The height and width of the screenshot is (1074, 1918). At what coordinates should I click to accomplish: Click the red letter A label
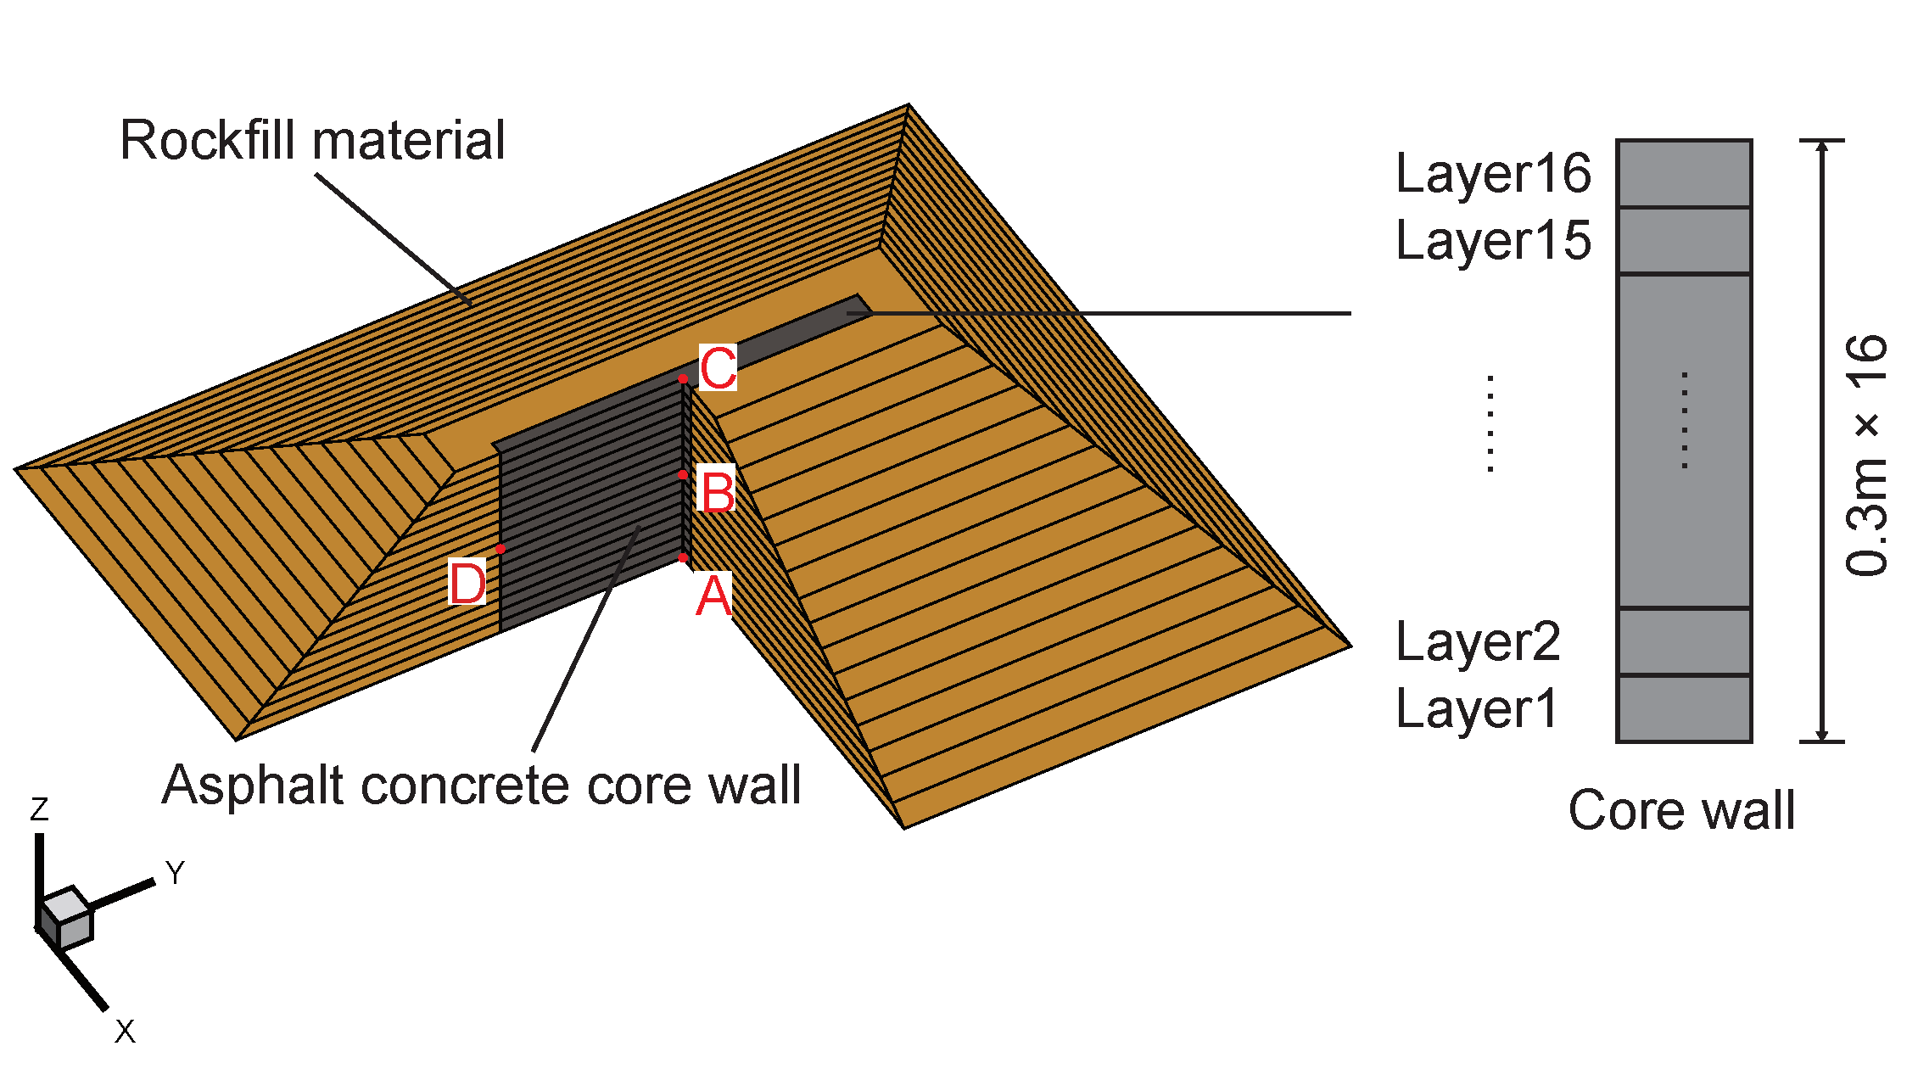713,596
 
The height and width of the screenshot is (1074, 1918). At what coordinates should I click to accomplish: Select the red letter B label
718,491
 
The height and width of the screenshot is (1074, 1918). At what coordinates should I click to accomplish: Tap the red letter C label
718,367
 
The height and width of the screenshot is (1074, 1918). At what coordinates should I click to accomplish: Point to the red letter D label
467,584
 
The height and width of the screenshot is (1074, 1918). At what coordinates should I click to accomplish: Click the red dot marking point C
683,378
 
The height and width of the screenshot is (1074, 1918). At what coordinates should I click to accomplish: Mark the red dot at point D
500,550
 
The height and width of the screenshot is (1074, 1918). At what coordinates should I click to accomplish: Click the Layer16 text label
1493,174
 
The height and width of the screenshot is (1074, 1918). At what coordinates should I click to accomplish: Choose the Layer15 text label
1493,241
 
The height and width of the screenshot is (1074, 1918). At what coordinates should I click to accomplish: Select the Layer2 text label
1478,642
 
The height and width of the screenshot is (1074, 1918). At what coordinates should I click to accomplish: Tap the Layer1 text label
1476,709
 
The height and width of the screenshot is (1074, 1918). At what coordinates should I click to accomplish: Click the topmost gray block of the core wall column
1684,174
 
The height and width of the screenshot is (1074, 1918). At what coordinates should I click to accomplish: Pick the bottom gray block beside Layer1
1684,709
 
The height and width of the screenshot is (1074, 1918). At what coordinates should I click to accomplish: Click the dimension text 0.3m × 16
1867,456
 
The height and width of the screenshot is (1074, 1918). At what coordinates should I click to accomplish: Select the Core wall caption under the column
1681,810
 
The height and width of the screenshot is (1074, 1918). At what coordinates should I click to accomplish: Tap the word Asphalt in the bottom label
254,786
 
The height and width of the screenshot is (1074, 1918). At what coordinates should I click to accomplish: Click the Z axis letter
39,809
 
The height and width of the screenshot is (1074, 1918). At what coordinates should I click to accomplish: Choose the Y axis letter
175,873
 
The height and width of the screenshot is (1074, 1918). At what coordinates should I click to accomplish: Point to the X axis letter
125,1032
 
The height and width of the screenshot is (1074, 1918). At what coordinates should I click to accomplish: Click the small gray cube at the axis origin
65,919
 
